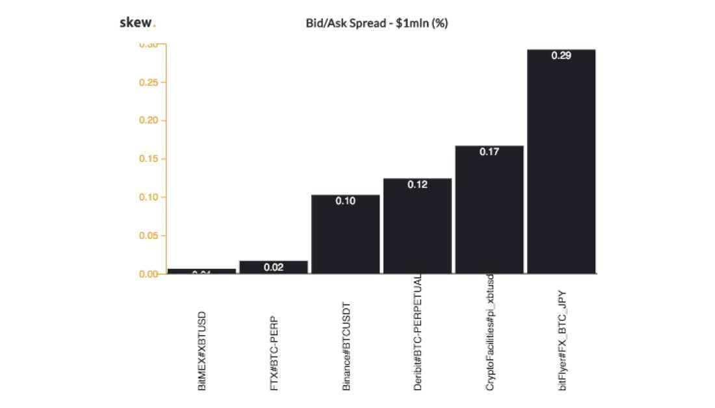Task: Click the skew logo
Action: pos(137,23)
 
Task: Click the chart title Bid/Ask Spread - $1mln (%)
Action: pos(376,23)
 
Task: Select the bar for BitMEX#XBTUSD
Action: pos(201,271)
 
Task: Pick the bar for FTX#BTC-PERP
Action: pos(274,267)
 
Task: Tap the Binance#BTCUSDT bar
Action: pos(345,235)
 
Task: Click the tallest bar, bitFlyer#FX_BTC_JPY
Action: pos(561,162)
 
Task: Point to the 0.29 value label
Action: pos(561,56)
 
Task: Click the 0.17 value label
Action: pos(489,153)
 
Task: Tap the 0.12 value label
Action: pos(417,185)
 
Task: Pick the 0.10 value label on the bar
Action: pos(345,201)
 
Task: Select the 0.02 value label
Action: pos(274,267)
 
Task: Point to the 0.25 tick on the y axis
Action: pos(149,83)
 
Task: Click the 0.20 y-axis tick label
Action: pos(149,121)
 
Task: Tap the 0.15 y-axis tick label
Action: pos(149,159)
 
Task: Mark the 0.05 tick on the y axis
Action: pos(149,235)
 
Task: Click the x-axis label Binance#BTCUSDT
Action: pos(346,346)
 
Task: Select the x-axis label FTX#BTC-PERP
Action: pos(274,351)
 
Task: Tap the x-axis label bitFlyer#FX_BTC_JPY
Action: pos(562,340)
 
